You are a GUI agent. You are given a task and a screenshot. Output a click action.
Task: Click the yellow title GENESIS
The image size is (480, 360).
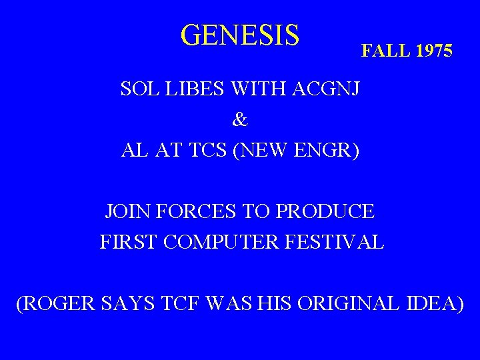(240, 35)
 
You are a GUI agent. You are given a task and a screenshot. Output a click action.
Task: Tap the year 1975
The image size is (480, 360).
(435, 51)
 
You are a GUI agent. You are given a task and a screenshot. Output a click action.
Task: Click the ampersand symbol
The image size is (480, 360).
(240, 120)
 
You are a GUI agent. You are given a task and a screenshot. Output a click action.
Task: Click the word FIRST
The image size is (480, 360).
(129, 242)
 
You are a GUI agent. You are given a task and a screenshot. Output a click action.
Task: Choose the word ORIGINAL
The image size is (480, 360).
(347, 304)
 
